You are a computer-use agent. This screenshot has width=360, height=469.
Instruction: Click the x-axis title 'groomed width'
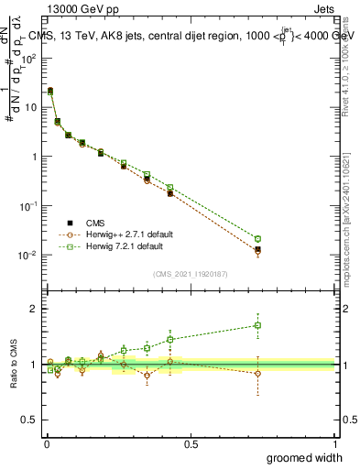[x=305, y=457]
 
